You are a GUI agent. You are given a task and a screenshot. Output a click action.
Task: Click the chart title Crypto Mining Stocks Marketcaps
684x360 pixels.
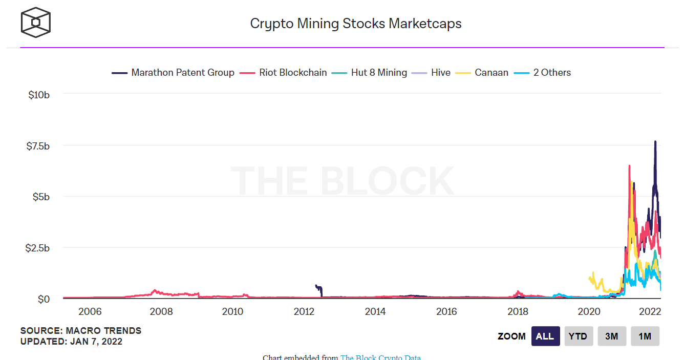[x=355, y=24]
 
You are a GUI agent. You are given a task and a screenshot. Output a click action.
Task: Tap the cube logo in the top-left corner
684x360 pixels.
[x=35, y=23]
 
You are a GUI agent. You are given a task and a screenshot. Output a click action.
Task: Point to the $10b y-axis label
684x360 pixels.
[x=39, y=94]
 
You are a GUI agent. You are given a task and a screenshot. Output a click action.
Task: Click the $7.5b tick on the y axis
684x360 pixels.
[x=39, y=145]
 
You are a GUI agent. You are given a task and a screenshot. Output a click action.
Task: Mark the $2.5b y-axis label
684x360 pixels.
[x=39, y=248]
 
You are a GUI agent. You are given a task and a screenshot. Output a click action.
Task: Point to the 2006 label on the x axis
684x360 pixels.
[x=90, y=311]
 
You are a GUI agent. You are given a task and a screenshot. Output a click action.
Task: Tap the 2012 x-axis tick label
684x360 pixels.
[x=304, y=311]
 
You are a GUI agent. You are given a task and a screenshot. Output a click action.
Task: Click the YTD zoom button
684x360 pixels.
[x=579, y=336]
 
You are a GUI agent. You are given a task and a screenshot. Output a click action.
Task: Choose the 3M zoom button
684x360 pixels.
[x=612, y=336]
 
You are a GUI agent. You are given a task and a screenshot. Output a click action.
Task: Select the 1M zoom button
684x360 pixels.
[x=645, y=336]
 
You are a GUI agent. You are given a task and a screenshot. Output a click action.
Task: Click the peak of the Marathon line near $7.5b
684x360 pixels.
[x=655, y=142]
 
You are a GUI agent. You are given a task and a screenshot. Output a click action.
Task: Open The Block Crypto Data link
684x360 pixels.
[x=380, y=357]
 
